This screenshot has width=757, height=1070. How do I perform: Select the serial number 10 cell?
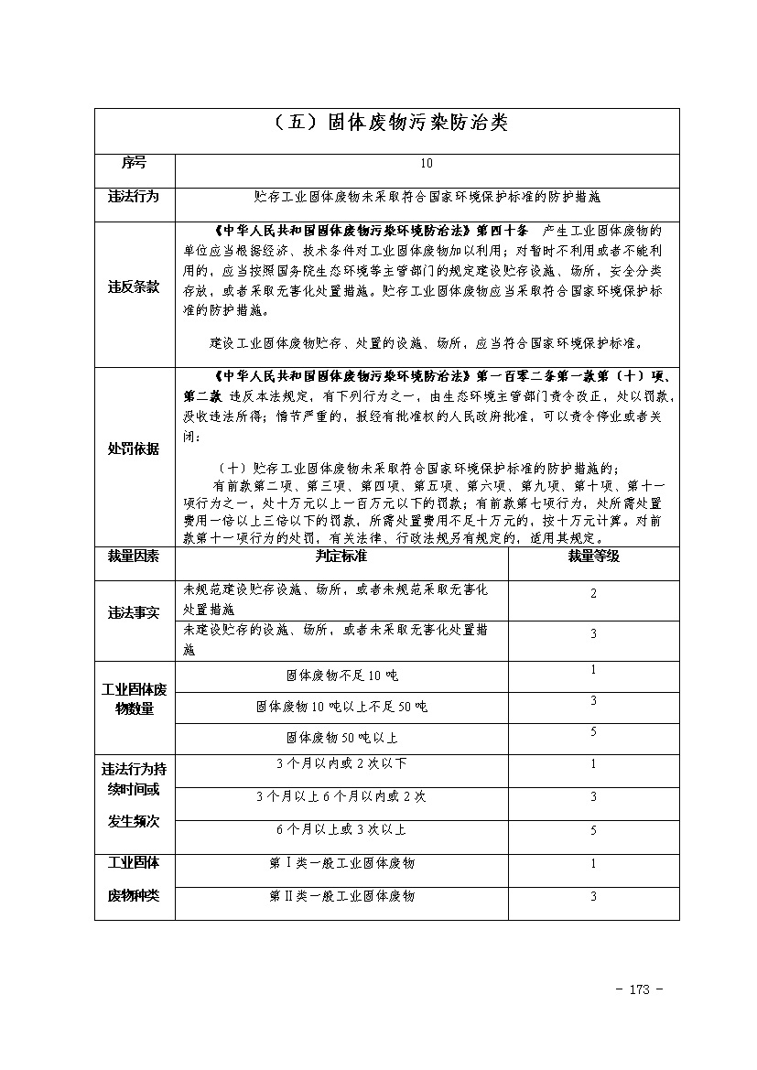[x=426, y=164]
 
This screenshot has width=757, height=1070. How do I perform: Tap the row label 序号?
[x=134, y=163]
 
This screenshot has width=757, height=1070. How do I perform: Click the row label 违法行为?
[x=134, y=196]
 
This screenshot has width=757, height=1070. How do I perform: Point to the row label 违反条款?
[x=134, y=287]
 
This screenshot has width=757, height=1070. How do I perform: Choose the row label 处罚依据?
[x=134, y=449]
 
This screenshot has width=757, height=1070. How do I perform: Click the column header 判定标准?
[x=341, y=556]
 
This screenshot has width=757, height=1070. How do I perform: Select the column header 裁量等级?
[x=593, y=556]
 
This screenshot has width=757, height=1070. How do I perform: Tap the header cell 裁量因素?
[x=134, y=556]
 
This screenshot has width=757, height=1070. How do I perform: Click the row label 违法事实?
[x=134, y=613]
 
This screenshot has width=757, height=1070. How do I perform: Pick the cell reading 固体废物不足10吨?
[x=341, y=676]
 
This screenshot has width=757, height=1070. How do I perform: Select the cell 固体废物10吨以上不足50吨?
[x=341, y=707]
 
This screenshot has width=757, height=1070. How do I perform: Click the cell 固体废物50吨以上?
[x=341, y=737]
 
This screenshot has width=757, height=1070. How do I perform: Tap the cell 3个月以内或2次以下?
[x=341, y=763]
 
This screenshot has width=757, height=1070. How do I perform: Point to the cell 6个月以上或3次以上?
[x=341, y=829]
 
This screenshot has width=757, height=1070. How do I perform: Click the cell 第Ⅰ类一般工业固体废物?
[x=341, y=863]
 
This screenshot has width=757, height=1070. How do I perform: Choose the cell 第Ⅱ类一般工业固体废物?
[x=341, y=895]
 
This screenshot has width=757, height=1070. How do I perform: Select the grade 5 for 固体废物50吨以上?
[x=593, y=732]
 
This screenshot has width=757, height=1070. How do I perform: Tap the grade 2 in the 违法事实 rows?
[x=593, y=594]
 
